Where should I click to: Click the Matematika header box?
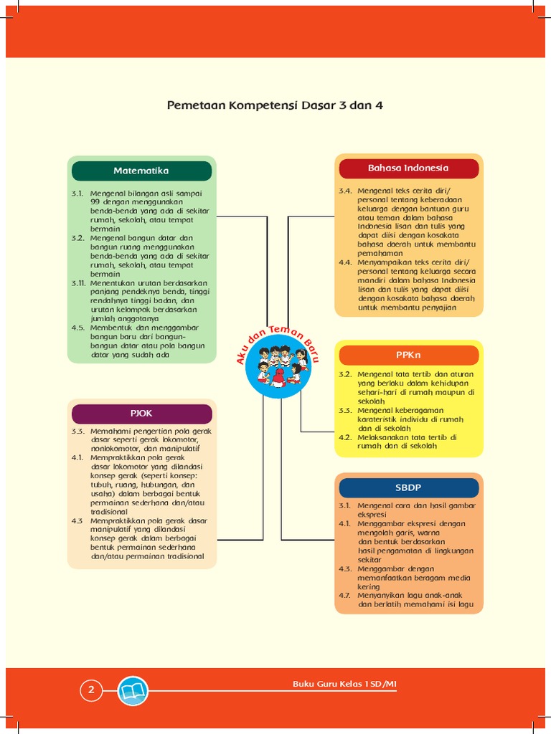[x=141, y=171]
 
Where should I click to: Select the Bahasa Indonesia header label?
[x=408, y=168]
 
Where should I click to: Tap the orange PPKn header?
[x=408, y=355]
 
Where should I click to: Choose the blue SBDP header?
[x=408, y=487]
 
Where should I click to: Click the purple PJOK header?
[x=141, y=414]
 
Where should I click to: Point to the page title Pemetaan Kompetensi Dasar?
[x=275, y=105]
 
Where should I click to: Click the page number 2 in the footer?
[x=91, y=691]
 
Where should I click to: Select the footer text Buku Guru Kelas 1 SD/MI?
[x=344, y=685]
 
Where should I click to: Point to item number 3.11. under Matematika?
[x=78, y=283]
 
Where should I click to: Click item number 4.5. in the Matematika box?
[x=78, y=328]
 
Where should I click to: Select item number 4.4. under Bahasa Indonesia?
[x=346, y=262]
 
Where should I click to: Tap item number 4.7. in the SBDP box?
[x=346, y=595]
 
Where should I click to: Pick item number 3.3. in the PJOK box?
[x=78, y=432]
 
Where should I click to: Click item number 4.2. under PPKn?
[x=346, y=437]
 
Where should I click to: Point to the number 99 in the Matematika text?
[x=96, y=203]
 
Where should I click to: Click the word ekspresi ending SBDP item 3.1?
[x=373, y=515]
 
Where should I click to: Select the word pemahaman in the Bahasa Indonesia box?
[x=381, y=253]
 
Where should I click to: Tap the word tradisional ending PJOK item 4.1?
[x=109, y=512]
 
